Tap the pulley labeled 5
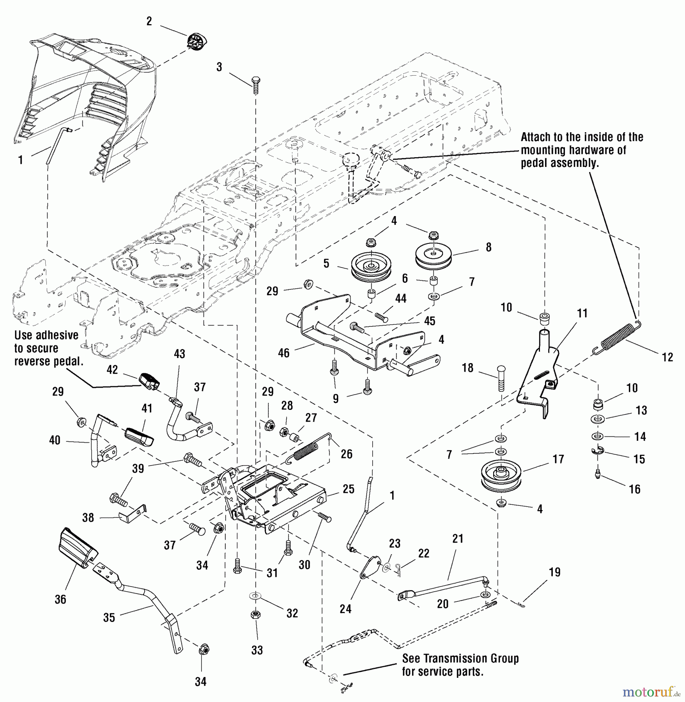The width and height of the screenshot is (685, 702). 371,266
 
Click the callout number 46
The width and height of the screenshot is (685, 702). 283,353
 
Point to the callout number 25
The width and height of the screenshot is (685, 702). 348,489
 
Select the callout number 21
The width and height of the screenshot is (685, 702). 458,539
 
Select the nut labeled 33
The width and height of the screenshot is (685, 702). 256,615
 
